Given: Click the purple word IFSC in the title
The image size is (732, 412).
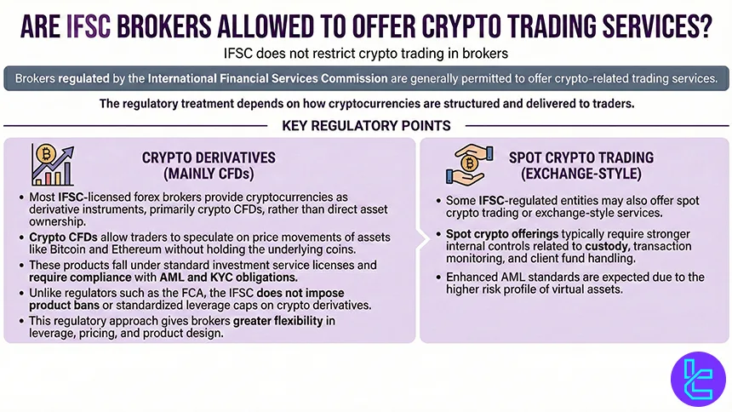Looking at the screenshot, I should tap(94, 26).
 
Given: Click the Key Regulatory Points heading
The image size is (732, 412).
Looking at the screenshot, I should tap(366, 126).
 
